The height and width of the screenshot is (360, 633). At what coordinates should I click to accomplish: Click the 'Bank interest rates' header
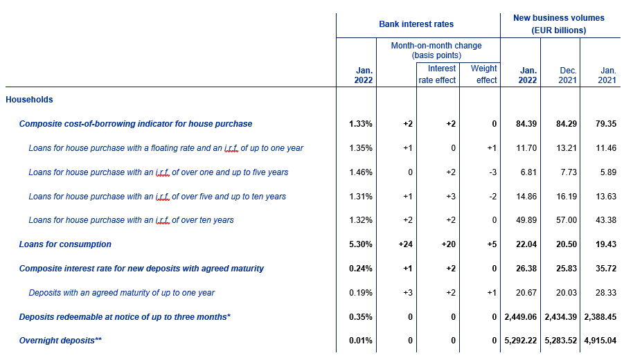[416, 24]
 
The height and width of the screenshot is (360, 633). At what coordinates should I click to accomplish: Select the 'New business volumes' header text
[559, 18]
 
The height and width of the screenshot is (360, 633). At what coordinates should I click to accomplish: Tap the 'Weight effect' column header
[483, 74]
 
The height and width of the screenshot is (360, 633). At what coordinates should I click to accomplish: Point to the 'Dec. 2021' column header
[568, 75]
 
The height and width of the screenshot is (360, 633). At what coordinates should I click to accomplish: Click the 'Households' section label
[29, 100]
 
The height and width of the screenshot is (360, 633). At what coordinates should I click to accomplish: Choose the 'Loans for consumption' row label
[65, 244]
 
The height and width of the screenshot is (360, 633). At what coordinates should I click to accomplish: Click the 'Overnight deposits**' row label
[60, 341]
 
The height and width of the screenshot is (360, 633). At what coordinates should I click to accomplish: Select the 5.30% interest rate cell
[361, 244]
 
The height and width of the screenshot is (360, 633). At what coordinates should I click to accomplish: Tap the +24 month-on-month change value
[405, 244]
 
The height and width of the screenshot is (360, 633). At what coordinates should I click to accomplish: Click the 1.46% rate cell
[361, 172]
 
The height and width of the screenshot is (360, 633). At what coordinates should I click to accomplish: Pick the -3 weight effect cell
[492, 172]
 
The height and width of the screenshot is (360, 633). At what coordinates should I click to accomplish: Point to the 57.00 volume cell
[567, 220]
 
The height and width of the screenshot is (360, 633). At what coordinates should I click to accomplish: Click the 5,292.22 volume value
[521, 341]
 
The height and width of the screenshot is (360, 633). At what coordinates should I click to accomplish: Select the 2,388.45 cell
[600, 317]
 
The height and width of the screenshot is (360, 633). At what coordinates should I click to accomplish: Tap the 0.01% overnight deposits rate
[361, 341]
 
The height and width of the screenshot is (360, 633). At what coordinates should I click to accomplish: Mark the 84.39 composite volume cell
[526, 124]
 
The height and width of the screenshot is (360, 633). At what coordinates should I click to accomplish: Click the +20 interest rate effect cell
[449, 244]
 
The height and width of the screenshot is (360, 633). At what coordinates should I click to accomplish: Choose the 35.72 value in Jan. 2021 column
[606, 269]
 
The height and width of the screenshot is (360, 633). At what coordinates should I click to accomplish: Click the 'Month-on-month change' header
[436, 46]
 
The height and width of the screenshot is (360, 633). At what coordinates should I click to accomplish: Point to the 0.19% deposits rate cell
[361, 293]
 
